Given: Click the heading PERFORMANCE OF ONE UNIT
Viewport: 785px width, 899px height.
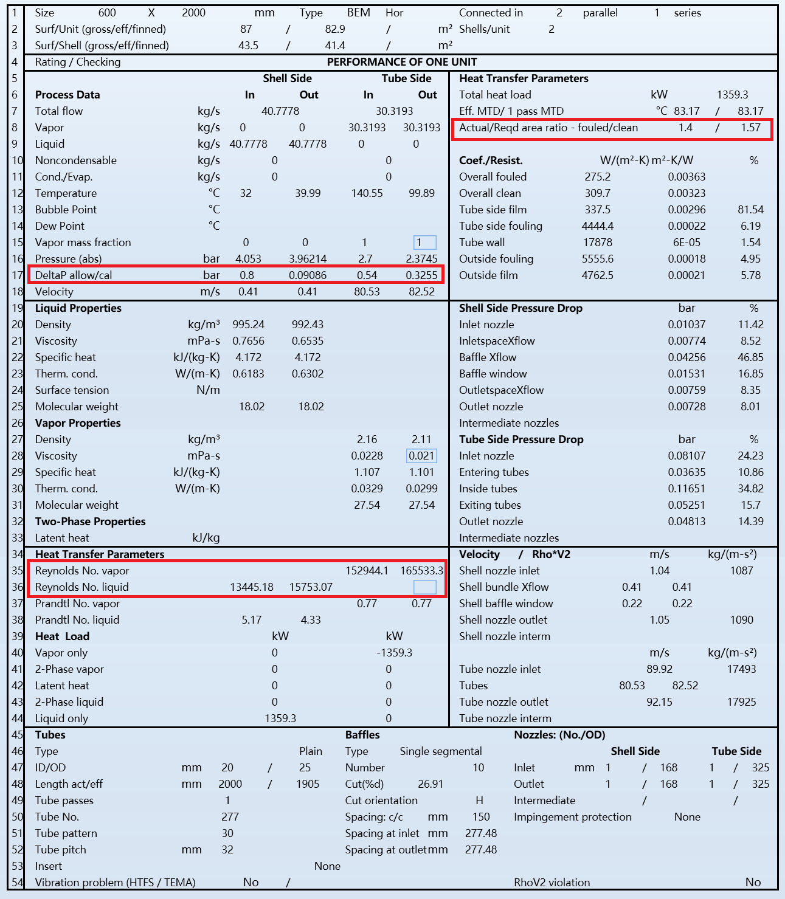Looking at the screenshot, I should click(401, 62).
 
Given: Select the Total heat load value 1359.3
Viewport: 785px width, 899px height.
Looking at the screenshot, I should click(732, 95).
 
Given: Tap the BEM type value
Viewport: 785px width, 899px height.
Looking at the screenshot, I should click(358, 13).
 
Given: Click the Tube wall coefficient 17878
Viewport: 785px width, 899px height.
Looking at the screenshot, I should click(597, 243).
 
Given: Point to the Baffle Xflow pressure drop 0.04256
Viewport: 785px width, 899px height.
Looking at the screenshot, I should click(686, 357).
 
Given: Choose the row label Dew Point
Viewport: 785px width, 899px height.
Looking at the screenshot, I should click(60, 226).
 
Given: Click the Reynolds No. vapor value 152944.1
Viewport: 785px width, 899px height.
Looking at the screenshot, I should click(367, 571).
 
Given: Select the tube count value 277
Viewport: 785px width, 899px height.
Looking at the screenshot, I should click(230, 817).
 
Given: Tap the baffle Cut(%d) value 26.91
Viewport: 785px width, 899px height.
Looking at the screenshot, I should click(431, 784).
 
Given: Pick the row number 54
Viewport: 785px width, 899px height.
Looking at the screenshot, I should click(16, 883).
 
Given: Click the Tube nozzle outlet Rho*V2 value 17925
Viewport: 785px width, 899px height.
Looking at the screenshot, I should click(741, 702).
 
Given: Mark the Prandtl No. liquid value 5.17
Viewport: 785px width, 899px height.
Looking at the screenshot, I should click(251, 620).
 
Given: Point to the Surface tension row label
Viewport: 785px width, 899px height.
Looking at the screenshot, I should click(72, 390).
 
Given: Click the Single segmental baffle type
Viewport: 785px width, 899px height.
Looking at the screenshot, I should click(440, 751).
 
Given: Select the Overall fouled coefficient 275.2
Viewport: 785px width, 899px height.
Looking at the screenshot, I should click(597, 177).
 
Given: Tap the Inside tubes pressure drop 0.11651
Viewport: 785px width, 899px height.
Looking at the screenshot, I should click(686, 489).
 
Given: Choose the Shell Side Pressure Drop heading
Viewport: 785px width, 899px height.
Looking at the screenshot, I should click(520, 308).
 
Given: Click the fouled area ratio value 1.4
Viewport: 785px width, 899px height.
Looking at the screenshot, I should click(685, 128).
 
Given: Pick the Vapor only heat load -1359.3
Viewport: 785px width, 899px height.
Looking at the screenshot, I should click(394, 653).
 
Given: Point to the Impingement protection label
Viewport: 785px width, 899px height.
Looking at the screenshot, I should click(572, 817).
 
